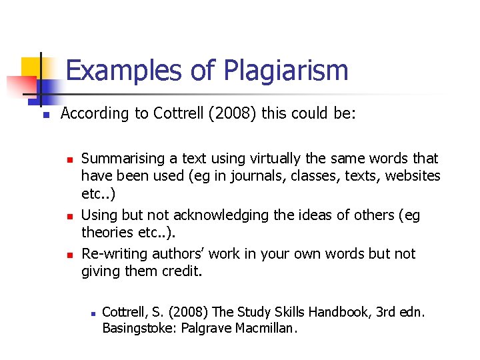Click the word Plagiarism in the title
coord(286,71)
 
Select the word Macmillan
coord(265,328)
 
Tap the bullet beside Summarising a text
coord(67,159)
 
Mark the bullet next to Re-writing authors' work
coord(67,255)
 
